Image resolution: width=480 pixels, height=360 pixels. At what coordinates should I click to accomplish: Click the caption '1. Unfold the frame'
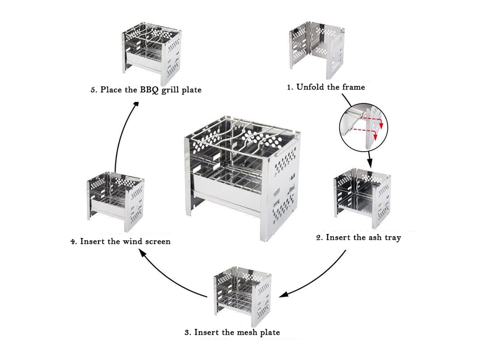click(326, 87)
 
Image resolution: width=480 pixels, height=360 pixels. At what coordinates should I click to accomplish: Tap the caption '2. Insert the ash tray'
click(358, 237)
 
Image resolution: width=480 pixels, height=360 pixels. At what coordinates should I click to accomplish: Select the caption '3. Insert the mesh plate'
click(232, 333)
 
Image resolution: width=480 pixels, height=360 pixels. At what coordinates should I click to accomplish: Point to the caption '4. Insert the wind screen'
click(120, 242)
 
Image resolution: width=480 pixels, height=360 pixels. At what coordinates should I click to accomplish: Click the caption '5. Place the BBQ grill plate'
click(146, 90)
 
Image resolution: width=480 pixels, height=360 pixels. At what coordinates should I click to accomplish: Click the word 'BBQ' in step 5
click(149, 90)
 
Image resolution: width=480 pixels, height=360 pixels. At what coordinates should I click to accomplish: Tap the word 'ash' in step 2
click(375, 237)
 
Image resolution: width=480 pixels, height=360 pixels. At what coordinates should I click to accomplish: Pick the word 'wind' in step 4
click(133, 242)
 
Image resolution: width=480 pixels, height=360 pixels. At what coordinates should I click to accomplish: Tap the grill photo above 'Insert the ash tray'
click(363, 198)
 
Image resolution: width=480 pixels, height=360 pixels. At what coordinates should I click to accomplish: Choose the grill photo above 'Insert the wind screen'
click(116, 202)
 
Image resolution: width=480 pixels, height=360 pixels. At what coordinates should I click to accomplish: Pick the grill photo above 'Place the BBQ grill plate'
click(152, 55)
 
